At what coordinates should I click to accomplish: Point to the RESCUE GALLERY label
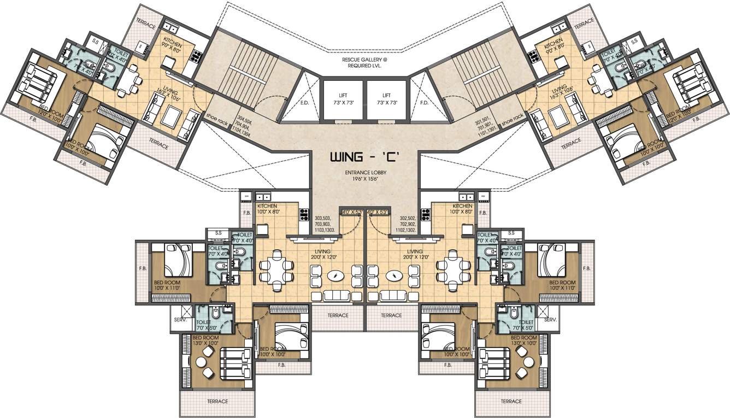point(365,61)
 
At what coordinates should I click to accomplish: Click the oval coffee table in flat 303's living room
point(335,276)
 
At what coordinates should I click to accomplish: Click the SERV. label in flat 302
point(550,320)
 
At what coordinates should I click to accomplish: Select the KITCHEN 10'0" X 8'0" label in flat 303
point(268,209)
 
